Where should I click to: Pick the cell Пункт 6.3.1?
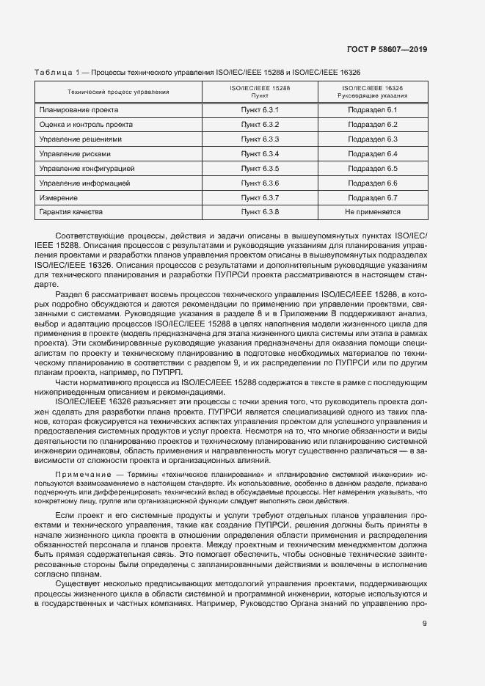tap(260, 110)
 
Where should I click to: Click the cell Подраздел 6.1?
tap(372, 110)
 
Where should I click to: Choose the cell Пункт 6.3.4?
tap(260, 153)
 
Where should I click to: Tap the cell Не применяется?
tap(372, 212)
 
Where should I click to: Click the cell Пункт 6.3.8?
tap(260, 212)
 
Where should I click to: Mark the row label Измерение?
tap(57, 197)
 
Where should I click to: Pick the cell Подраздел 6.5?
tap(372, 168)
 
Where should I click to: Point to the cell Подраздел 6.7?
tap(372, 197)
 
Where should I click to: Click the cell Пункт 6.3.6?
tap(260, 183)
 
